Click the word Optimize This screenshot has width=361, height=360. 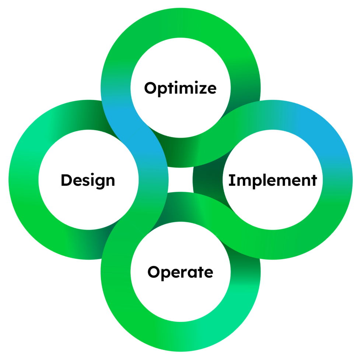pos(180,88)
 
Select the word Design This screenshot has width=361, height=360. pos(88,180)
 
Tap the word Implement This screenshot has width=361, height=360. pos(273,180)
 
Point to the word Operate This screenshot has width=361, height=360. pos(180,272)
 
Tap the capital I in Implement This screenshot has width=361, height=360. pos(231,180)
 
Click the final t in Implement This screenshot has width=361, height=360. pos(314,181)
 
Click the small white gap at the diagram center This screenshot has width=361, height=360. pos(180,180)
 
